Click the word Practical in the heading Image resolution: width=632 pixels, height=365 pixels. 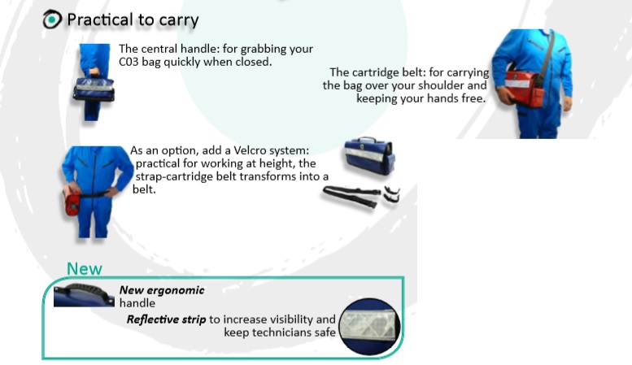point(97,20)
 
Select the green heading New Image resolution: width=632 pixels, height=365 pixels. point(85,268)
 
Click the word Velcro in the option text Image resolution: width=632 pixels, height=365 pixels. point(240,151)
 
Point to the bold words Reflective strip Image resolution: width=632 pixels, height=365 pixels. point(166,319)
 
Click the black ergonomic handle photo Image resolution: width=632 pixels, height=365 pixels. point(83,293)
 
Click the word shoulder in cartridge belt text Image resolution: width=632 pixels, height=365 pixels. point(465,85)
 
